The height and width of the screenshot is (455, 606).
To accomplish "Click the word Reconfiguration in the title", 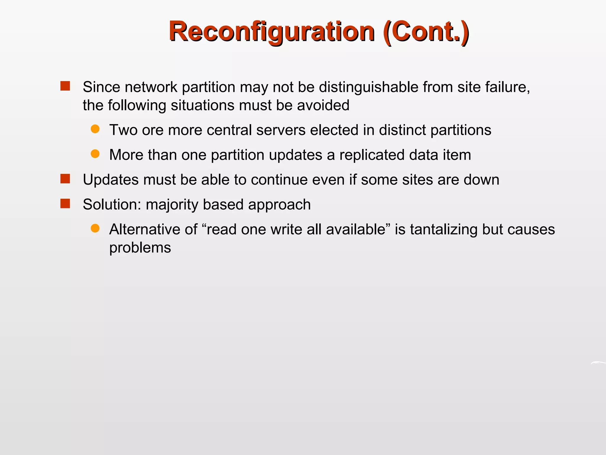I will point(272,32).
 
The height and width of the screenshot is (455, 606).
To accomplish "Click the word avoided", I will point(323,105).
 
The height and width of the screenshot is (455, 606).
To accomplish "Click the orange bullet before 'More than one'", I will point(95,154).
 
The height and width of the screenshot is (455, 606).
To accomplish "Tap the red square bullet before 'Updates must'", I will point(65,179).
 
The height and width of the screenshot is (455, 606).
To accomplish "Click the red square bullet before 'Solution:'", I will point(65,204).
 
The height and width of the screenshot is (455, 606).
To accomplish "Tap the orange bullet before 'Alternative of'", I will point(95,228).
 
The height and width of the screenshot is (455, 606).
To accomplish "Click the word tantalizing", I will point(444,230).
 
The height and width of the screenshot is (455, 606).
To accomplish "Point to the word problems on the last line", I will point(140,248).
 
